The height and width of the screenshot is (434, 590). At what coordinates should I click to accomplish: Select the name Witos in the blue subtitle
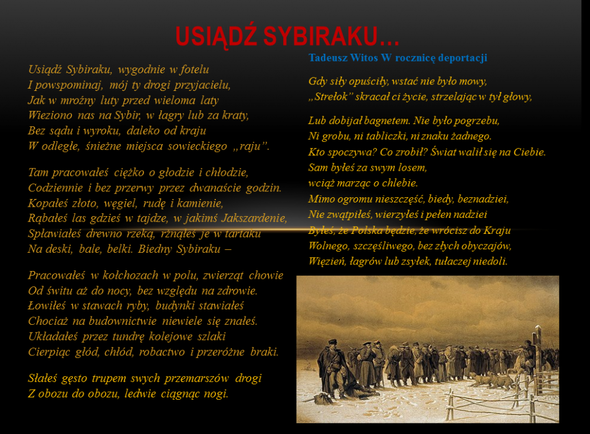364,58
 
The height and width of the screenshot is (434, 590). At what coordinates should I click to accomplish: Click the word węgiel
120,204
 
